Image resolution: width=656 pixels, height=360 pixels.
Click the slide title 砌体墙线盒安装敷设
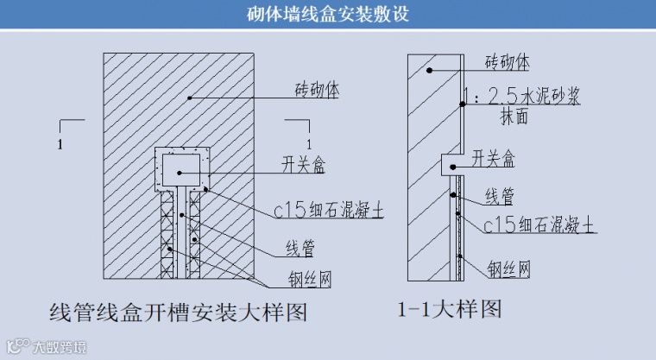pos(327,15)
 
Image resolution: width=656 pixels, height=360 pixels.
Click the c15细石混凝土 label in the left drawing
pos(327,211)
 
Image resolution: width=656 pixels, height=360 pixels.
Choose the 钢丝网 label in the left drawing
pos(309,280)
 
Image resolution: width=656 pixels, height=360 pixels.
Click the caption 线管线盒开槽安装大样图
pos(179,311)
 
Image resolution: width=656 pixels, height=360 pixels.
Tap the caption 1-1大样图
pos(450,309)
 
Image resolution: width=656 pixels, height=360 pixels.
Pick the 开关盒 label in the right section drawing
pos(494,159)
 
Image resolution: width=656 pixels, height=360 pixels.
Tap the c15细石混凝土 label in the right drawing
pos(539,226)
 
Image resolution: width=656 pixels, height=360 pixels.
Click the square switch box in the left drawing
pos(181,169)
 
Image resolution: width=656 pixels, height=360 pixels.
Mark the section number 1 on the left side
pos(60,144)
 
